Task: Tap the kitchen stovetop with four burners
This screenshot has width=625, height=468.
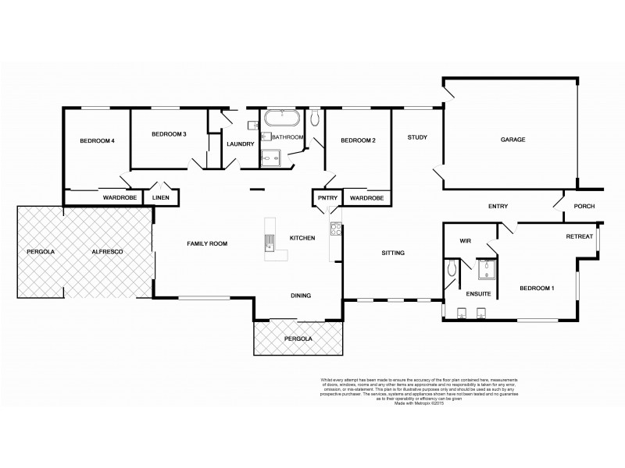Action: [x=337, y=229]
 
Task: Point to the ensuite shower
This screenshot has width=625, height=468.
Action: [x=487, y=270]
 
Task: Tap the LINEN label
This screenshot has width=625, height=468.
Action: [x=161, y=198]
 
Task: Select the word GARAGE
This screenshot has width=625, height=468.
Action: [x=513, y=140]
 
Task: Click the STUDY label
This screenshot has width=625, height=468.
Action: [x=417, y=138]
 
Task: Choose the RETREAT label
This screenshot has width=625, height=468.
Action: [x=579, y=236]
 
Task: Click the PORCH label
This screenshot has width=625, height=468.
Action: [x=584, y=207]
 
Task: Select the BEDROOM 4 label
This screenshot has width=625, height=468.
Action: [x=98, y=141]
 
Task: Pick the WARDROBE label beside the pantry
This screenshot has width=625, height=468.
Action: [x=366, y=198]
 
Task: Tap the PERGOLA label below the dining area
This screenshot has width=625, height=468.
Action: [x=298, y=339]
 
